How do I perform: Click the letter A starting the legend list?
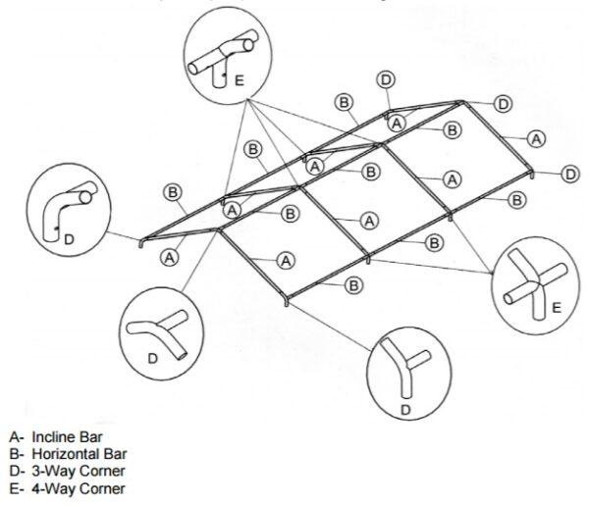pyautogui.click(x=13, y=437)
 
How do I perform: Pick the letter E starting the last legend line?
pyautogui.click(x=13, y=487)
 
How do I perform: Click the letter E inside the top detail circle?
pyautogui.click(x=239, y=79)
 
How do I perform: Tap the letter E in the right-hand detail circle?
pyautogui.click(x=556, y=307)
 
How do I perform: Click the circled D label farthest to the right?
pyautogui.click(x=570, y=174)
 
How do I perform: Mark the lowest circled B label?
pyautogui.click(x=352, y=285)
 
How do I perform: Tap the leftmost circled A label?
pyautogui.click(x=170, y=257)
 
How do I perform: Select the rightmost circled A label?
pyautogui.click(x=536, y=138)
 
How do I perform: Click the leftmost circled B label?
pyautogui.click(x=174, y=192)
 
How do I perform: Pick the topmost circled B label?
pyautogui.click(x=344, y=101)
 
